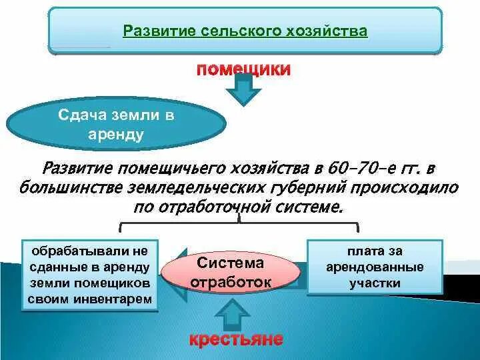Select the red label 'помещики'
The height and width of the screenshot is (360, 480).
pyautogui.click(x=243, y=69)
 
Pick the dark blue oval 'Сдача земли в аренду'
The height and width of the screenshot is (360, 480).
pyautogui.click(x=116, y=124)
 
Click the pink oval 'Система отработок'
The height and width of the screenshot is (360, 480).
pyautogui.click(x=231, y=272)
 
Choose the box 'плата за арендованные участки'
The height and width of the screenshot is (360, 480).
pyautogui.click(x=374, y=267)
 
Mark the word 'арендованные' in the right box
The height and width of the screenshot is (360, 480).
pyautogui.click(x=374, y=267)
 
